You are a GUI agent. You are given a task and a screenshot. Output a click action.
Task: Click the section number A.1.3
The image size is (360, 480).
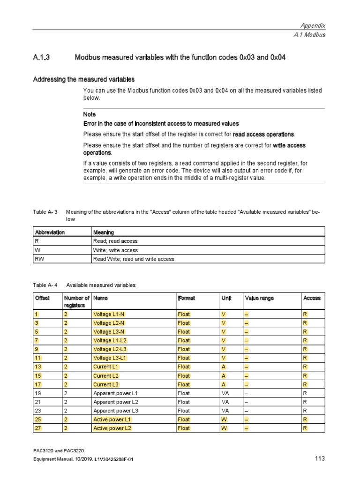[x=41, y=58]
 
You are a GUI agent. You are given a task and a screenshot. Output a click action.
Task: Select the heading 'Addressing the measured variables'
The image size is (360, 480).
[x=83, y=80]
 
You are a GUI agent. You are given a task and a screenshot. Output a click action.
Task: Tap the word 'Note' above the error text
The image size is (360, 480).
[x=89, y=114]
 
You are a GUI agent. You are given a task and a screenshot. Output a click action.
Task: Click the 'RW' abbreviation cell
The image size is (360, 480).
[x=39, y=259]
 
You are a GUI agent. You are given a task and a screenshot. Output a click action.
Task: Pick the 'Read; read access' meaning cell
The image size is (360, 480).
[x=115, y=241]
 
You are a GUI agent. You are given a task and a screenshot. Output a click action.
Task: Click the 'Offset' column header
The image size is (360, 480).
[x=41, y=298]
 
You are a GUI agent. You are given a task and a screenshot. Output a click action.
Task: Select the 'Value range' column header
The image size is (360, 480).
[x=259, y=298]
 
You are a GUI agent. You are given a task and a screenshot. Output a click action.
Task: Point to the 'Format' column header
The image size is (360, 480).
[x=186, y=298]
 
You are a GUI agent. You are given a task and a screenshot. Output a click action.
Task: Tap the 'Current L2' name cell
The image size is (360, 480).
[x=105, y=375]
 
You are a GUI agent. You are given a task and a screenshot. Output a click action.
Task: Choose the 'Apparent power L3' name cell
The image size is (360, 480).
[x=115, y=411]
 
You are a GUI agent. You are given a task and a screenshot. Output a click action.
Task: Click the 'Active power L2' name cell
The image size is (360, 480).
[x=112, y=428]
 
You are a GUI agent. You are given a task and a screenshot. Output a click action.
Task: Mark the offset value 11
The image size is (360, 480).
[x=38, y=358]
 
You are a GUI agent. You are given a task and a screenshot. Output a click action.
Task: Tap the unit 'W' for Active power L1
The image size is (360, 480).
[x=224, y=419]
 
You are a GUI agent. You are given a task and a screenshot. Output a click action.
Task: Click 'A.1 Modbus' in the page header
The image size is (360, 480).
[x=309, y=35]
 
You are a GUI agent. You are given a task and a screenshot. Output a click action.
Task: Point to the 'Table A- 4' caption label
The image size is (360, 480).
[x=45, y=285]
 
